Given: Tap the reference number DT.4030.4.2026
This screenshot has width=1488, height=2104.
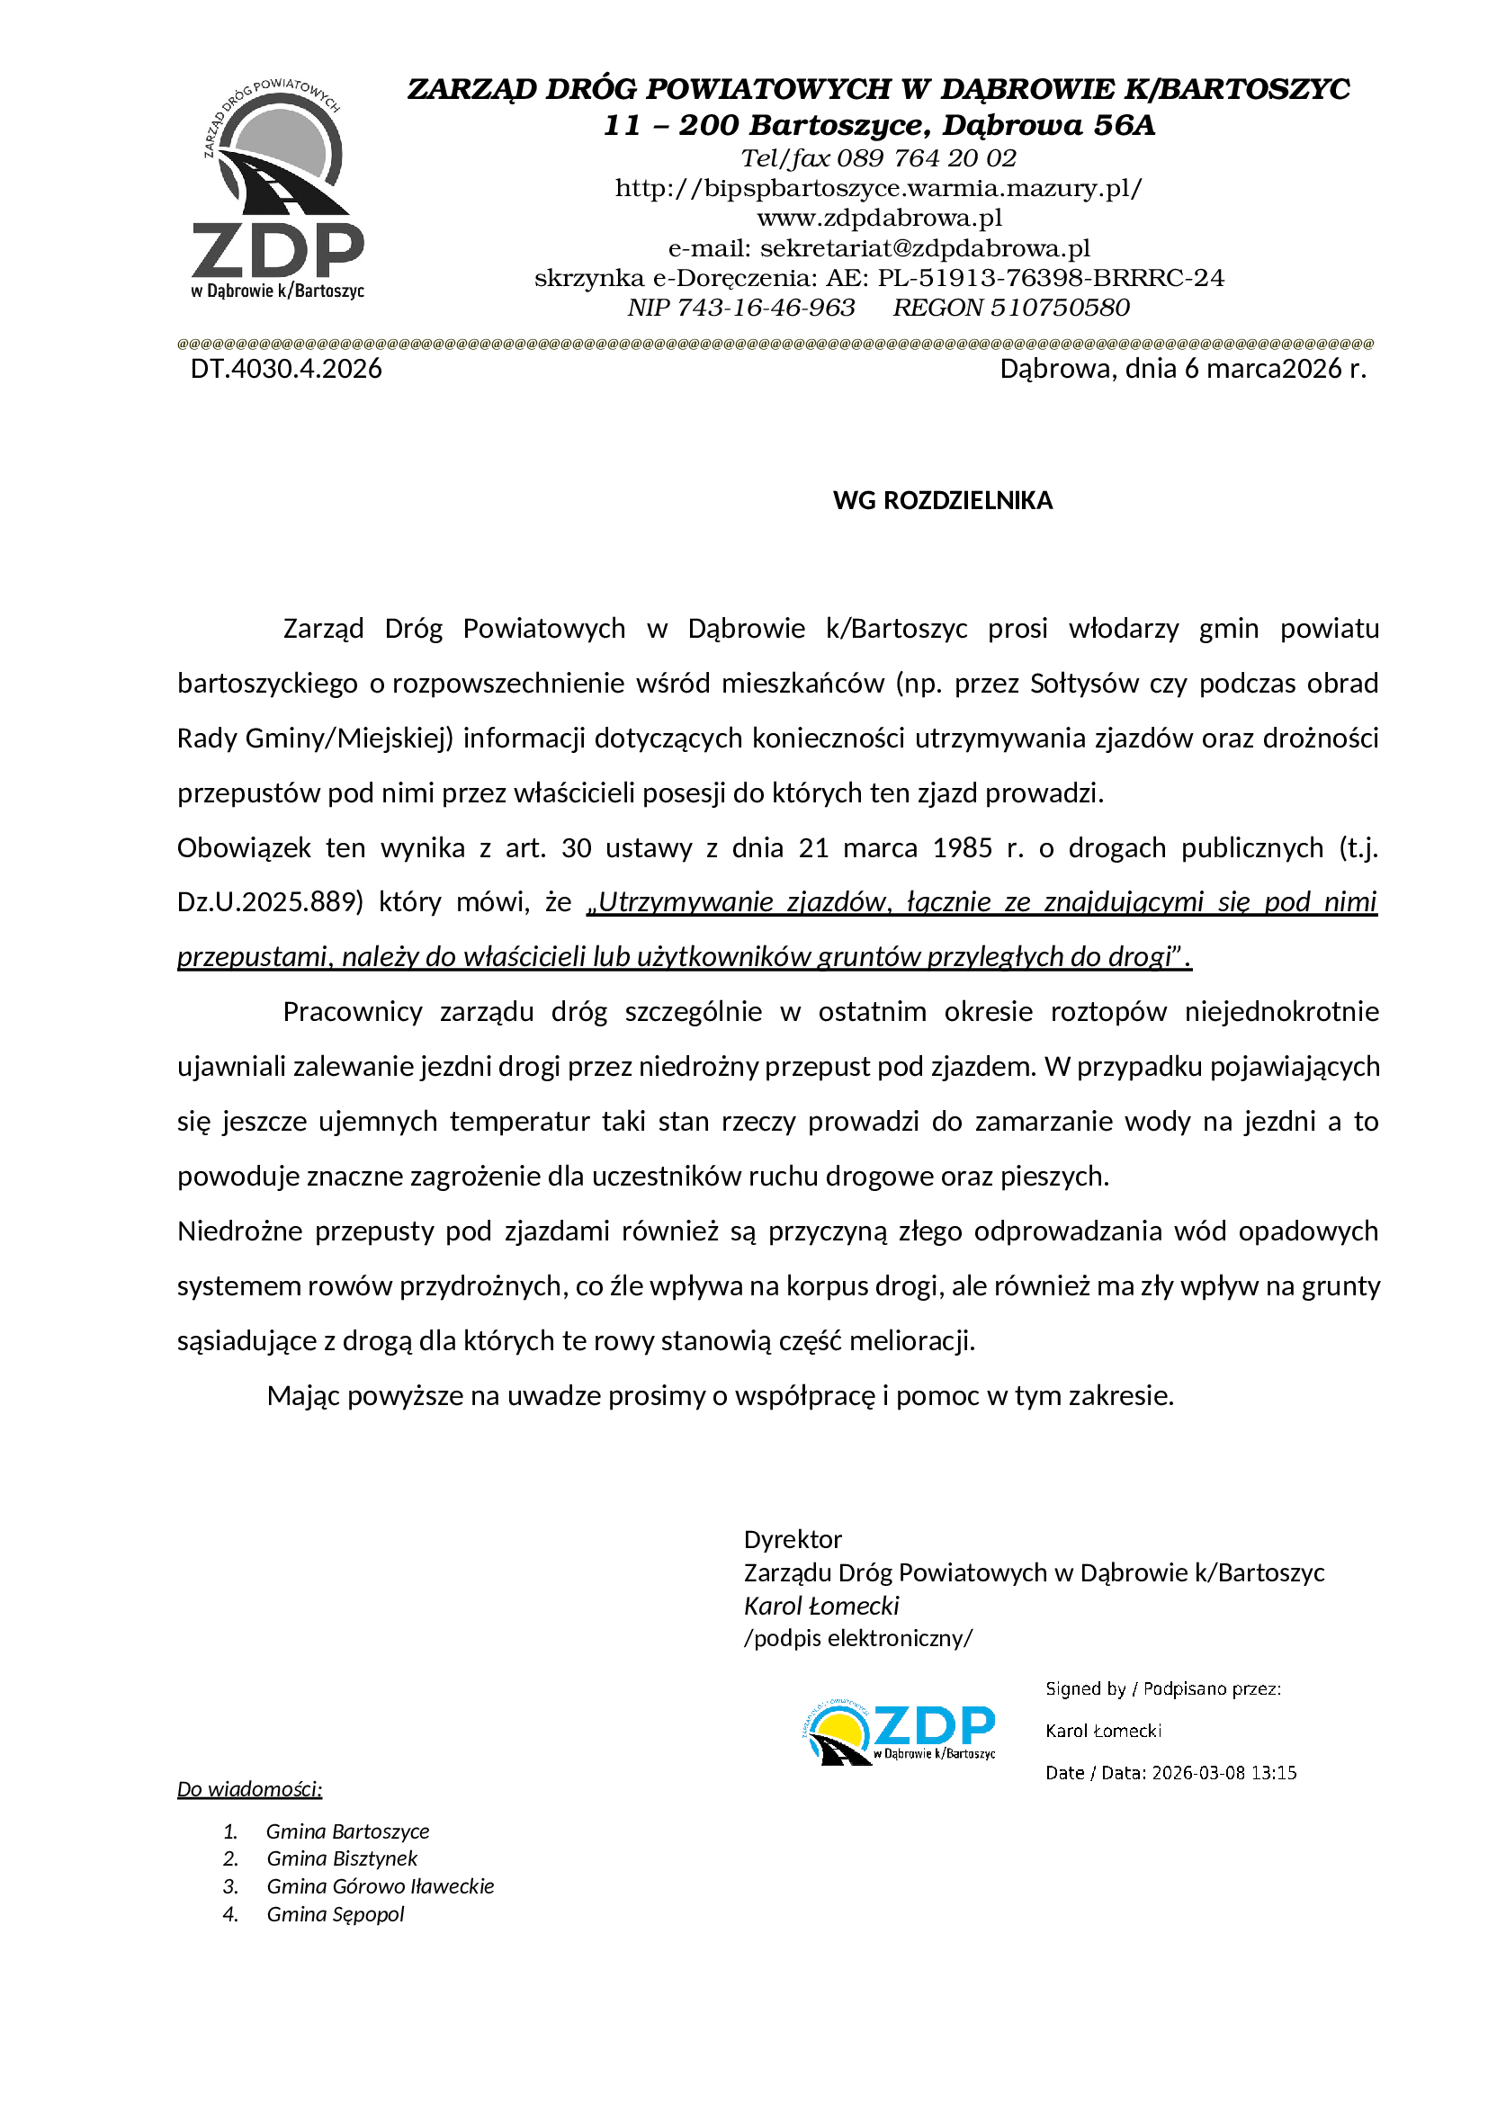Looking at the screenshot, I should coord(286,369).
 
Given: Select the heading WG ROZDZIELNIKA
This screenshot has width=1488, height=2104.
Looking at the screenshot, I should coord(942,500).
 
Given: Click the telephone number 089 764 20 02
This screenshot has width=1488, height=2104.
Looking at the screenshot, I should coord(927,158).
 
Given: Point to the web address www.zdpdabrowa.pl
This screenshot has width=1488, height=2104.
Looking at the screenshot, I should coord(879,218).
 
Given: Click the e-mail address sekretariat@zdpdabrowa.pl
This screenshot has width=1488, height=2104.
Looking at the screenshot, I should coord(925,248).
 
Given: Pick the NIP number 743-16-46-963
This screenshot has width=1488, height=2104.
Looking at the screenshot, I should coord(765,308).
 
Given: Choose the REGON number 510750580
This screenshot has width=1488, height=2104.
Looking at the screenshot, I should coord(1060,308).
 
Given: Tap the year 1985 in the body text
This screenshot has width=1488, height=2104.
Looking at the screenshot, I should coord(962,847).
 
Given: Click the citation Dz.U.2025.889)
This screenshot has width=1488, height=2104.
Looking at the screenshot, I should coord(270,902).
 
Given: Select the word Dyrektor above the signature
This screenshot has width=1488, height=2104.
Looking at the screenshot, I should coord(793,1539).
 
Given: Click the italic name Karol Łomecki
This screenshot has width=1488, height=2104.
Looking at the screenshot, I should coord(821,1606).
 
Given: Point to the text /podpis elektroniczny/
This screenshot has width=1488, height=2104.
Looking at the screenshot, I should coord(857,1638).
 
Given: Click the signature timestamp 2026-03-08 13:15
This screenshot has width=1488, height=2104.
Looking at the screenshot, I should coord(1224,1773).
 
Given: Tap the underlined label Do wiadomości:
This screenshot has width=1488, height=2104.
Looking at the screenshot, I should coord(249,1789).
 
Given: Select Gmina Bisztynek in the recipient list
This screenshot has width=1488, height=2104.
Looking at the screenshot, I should coord(342,1858).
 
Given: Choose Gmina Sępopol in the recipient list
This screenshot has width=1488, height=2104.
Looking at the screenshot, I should coord(336,1914).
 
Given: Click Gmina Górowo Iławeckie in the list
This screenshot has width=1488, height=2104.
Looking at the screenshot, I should coord(381,1886).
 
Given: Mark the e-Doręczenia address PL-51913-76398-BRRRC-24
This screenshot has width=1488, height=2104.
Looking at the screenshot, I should coord(1050,278).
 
